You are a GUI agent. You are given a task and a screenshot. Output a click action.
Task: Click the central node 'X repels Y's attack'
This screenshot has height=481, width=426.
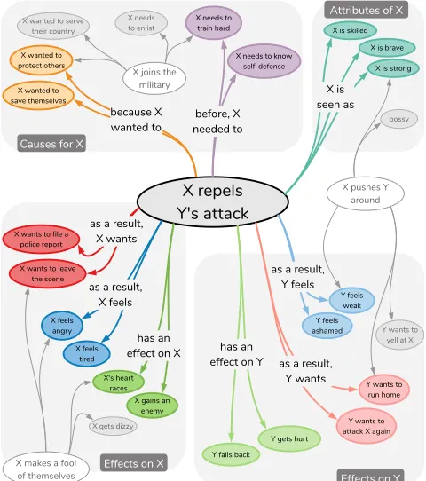(x=212, y=201)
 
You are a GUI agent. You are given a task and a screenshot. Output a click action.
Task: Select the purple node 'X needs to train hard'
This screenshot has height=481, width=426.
(x=214, y=23)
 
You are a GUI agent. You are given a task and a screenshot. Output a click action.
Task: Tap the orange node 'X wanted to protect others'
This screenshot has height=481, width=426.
(x=41, y=60)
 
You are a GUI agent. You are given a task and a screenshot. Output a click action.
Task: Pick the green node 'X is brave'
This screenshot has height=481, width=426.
(x=387, y=48)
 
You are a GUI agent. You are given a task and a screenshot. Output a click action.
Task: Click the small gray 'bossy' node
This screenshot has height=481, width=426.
(x=398, y=119)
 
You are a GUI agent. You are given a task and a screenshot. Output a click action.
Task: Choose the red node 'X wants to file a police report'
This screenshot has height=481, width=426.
(x=41, y=240)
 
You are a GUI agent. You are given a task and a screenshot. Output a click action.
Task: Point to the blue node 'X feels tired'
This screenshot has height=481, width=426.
(x=86, y=353)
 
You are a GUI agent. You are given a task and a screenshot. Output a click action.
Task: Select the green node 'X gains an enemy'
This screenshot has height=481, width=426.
(x=152, y=406)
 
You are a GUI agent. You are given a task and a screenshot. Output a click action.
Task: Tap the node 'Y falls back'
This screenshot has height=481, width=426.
(x=231, y=454)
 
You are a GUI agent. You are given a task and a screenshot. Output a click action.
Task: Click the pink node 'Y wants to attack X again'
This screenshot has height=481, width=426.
(x=367, y=426)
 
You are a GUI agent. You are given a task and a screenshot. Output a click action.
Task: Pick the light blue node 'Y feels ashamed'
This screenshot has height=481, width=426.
(x=327, y=326)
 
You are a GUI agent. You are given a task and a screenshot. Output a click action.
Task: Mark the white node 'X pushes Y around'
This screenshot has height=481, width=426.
(x=366, y=193)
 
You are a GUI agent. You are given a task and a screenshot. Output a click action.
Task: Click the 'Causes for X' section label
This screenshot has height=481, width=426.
(x=51, y=143)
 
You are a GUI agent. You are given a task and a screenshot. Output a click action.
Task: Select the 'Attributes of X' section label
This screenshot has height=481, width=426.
(x=367, y=10)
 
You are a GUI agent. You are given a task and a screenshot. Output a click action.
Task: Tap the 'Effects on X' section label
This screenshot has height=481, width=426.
(x=134, y=463)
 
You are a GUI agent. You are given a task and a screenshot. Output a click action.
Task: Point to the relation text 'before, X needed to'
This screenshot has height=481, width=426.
(x=217, y=122)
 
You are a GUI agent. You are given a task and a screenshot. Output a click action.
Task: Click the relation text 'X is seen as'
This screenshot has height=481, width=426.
(x=335, y=97)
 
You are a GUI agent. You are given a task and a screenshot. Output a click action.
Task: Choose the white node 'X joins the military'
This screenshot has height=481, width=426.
(x=154, y=78)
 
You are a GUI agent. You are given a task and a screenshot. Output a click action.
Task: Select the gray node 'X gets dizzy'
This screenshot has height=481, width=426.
(x=113, y=426)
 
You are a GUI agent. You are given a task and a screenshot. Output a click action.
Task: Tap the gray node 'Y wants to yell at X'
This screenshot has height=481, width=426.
(x=399, y=335)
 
